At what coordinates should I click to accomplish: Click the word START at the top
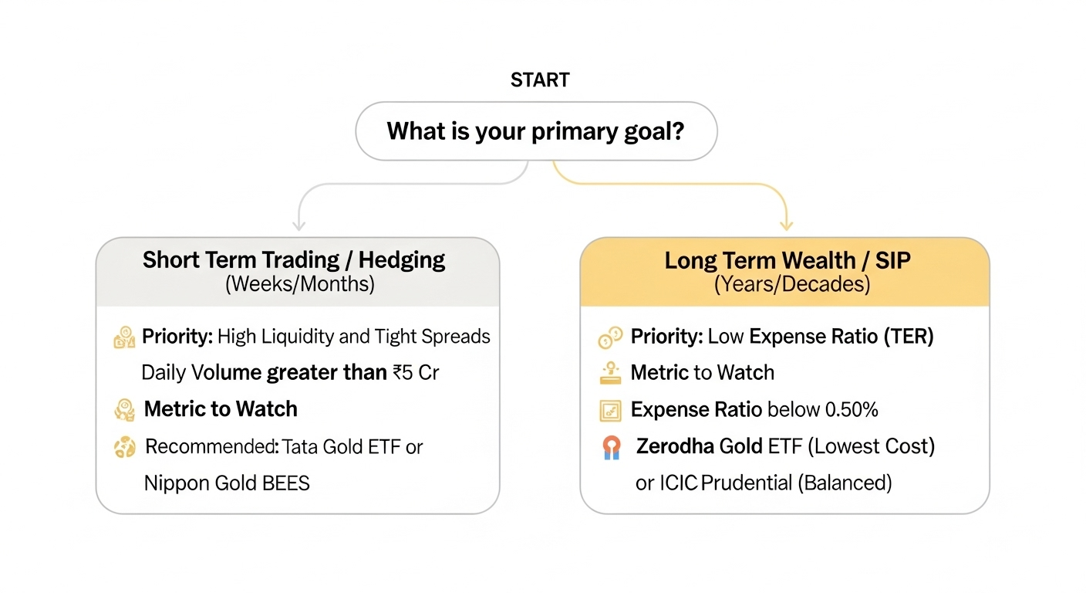coord(540,80)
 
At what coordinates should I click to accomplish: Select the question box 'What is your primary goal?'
coord(536,130)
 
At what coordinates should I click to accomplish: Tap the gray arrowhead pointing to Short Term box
coord(298,225)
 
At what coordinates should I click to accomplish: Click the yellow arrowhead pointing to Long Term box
coord(786,225)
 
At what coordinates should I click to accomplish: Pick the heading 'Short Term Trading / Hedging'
coord(294,259)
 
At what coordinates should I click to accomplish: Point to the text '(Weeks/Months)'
coord(299,283)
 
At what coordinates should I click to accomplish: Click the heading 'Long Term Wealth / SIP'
coord(788,260)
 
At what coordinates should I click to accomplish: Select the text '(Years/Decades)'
coord(791,283)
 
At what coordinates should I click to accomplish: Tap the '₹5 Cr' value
coord(416,373)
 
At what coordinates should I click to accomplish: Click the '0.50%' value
coord(852,410)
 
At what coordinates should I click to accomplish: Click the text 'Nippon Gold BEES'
coord(227,484)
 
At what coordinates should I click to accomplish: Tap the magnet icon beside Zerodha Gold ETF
coord(610,448)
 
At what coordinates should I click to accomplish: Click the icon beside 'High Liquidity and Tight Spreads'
coord(124,337)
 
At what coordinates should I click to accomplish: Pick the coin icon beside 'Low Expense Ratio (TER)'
coord(609,337)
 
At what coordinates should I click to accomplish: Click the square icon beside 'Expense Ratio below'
coord(610,411)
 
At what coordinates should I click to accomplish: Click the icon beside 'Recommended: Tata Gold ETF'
coord(124,448)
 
